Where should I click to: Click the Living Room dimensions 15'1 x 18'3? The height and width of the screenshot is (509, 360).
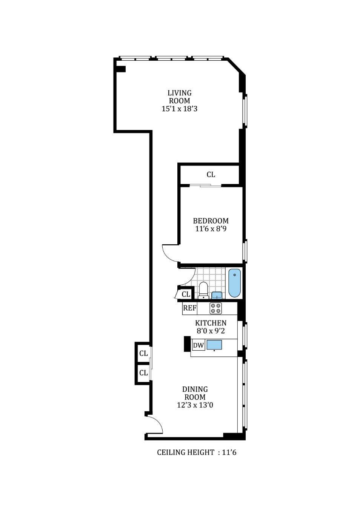click(x=179, y=109)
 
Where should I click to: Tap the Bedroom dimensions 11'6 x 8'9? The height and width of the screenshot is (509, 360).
click(x=211, y=228)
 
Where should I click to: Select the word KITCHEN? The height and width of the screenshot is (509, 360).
click(x=211, y=323)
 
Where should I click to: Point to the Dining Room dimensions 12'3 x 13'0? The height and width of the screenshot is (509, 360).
click(x=195, y=405)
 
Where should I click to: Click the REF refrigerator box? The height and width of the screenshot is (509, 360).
click(x=190, y=308)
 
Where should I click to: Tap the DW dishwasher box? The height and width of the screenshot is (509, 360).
click(x=198, y=345)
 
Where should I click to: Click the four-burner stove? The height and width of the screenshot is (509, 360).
click(x=215, y=308)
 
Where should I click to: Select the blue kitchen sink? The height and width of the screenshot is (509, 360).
click(x=214, y=345)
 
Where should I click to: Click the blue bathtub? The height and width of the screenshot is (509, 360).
click(x=234, y=283)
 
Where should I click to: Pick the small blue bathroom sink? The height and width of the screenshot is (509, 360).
click(x=217, y=295)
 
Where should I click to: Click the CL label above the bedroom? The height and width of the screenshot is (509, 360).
click(x=211, y=175)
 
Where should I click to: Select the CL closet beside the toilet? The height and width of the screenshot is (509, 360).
click(x=186, y=294)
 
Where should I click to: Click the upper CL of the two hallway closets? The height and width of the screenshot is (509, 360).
click(x=143, y=353)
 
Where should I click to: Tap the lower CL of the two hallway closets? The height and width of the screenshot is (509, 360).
click(x=143, y=373)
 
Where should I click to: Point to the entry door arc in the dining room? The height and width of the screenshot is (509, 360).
click(x=158, y=423)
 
